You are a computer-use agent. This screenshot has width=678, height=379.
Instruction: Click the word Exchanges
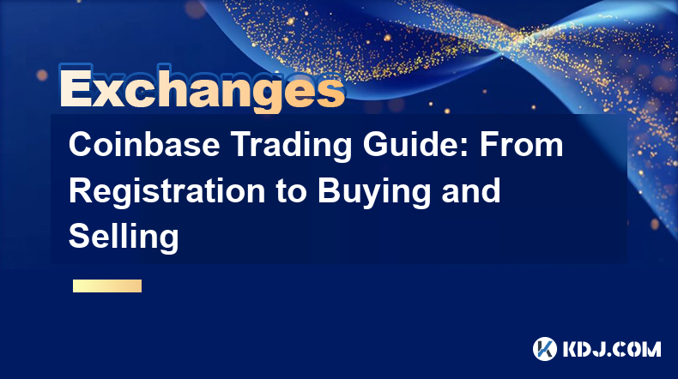coord(202,89)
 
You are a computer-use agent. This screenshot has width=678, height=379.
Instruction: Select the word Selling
coord(124,238)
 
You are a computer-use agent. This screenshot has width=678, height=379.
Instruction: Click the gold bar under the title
coord(107,286)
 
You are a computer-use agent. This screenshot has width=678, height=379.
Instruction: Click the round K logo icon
coord(545,349)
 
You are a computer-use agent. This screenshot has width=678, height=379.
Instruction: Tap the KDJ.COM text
coord(612,349)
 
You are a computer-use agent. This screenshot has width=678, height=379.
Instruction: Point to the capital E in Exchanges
coord(76,87)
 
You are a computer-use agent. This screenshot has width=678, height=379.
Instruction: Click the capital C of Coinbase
coord(82,144)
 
